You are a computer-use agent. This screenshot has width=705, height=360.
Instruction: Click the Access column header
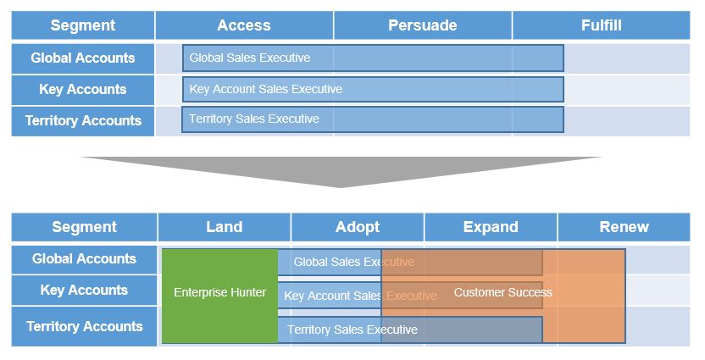[x=244, y=25]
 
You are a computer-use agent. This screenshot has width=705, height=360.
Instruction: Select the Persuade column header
[x=423, y=25]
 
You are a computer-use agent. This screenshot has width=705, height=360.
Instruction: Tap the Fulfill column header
[x=601, y=25]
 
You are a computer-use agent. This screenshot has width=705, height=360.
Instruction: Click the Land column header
[x=224, y=227]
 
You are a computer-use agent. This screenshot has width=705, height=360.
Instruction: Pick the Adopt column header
[x=358, y=227]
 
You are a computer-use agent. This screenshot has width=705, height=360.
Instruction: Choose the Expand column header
[x=491, y=227]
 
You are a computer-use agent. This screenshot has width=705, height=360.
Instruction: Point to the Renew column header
[x=624, y=227]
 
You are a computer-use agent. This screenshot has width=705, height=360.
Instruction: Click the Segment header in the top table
[x=83, y=25]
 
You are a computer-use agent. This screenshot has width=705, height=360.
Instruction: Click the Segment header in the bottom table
[x=84, y=227]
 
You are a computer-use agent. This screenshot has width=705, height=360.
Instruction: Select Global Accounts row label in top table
[x=83, y=58]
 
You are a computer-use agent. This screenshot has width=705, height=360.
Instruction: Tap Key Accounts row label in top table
[x=83, y=90]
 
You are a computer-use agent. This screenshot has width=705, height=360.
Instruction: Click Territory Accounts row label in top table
[x=83, y=120]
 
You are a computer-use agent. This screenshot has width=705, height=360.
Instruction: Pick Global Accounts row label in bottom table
[x=84, y=259]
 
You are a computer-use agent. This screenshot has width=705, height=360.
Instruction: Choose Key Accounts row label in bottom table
[x=84, y=291]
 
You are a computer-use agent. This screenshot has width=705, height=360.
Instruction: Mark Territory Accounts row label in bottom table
[x=84, y=326]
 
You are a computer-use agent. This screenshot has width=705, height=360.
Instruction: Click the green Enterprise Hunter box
[x=219, y=296]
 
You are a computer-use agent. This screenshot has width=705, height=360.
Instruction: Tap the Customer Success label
[x=503, y=292]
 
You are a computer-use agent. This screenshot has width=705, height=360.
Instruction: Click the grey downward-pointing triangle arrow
[x=341, y=172]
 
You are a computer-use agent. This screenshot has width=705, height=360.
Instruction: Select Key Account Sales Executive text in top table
[x=266, y=90]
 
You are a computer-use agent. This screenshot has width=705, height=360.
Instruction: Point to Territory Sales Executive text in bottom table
[x=352, y=330]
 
